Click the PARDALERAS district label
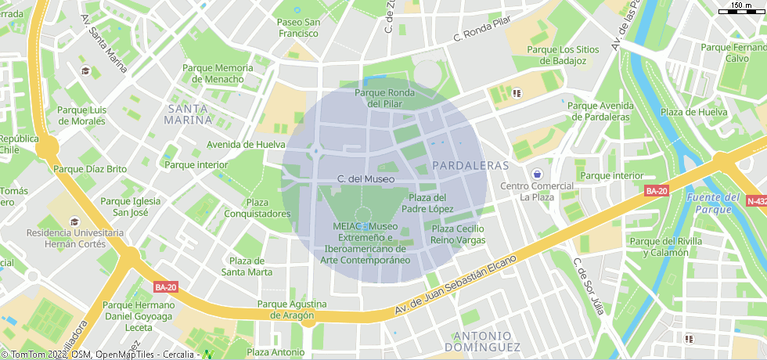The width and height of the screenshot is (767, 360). point(470,166)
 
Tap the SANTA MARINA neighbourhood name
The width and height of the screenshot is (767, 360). point(189,114)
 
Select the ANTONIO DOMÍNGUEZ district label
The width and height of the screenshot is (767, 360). point(487,340)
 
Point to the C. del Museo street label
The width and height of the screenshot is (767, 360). point(365,179)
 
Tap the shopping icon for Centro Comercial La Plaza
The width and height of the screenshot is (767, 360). point(537,173)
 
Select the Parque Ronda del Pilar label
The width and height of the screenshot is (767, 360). point(384,98)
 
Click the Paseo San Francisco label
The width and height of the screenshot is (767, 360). point(297,28)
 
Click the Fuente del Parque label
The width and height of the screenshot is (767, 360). point(714,203)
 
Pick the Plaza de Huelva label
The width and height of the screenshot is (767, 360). point(693,112)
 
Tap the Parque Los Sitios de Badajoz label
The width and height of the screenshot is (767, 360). point(563,55)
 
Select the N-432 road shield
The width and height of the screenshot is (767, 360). point(756,201)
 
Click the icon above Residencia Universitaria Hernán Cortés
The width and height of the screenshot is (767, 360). point(75,221)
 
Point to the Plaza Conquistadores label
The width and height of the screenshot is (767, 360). point(257,208)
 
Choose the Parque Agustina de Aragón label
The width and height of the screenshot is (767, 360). point(292,309)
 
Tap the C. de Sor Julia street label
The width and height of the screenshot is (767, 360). point(589,286)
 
